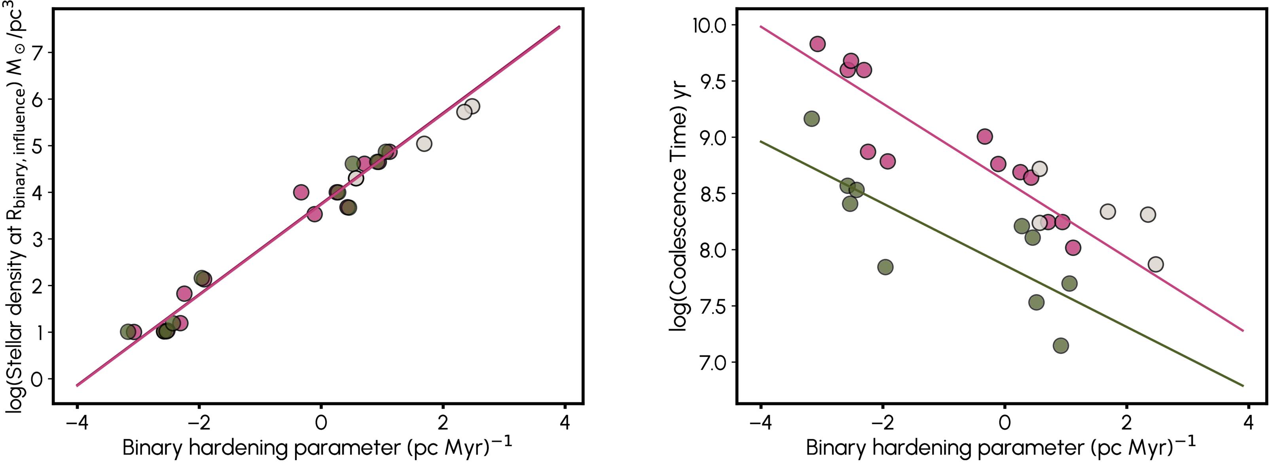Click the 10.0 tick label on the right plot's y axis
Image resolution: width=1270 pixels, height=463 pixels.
[x=710, y=25]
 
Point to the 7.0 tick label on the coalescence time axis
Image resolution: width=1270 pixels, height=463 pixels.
[x=713, y=362]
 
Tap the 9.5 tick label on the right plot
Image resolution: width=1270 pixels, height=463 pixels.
[x=713, y=82]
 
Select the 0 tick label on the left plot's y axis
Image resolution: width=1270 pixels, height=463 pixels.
[x=38, y=379]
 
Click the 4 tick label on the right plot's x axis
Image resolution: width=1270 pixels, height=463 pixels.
[x=1248, y=423]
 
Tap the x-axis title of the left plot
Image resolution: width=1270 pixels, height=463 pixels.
[x=317, y=448]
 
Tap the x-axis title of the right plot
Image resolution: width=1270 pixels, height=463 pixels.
[x=1001, y=448]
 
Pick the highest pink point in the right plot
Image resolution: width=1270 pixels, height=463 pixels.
[x=817, y=44]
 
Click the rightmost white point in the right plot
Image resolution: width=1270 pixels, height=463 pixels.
[x=1155, y=264]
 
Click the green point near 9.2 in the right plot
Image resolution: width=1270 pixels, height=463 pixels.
[x=811, y=118]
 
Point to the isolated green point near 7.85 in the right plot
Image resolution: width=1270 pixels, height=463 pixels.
[x=885, y=267]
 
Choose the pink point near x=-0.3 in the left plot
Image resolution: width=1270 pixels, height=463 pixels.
[x=301, y=192]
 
